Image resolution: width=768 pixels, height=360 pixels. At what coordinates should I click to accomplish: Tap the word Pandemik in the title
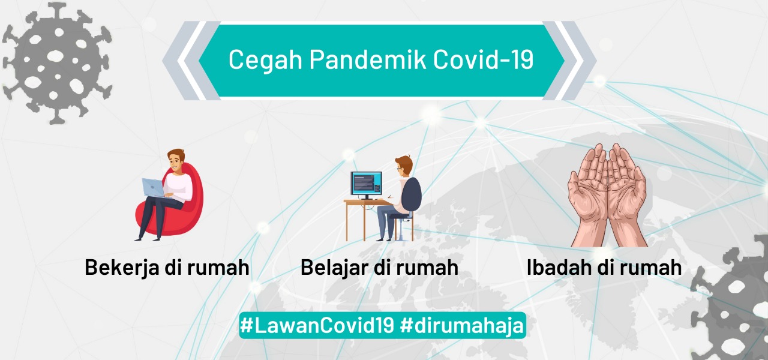click(368, 59)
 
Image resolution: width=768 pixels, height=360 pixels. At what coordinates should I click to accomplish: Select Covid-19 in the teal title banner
click(484, 59)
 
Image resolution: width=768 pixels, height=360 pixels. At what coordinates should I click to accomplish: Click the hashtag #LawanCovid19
click(317, 325)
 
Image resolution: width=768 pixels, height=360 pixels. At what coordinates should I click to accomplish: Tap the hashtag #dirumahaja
click(462, 326)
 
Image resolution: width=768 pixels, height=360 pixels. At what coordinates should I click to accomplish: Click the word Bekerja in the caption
click(122, 268)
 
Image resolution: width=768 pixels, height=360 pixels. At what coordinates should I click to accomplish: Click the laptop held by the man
click(153, 188)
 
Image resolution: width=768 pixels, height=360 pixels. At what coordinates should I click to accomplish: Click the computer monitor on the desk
click(366, 185)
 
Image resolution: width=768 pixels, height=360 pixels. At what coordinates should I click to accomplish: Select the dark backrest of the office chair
click(412, 194)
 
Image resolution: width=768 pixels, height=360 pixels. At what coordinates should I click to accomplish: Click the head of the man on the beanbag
click(176, 160)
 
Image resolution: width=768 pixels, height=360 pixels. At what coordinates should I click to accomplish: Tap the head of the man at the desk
click(404, 166)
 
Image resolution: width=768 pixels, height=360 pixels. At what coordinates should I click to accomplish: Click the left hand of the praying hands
click(587, 196)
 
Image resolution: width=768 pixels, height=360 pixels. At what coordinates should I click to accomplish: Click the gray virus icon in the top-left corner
click(57, 64)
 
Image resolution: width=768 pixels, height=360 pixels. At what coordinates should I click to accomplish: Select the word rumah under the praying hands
click(655, 268)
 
